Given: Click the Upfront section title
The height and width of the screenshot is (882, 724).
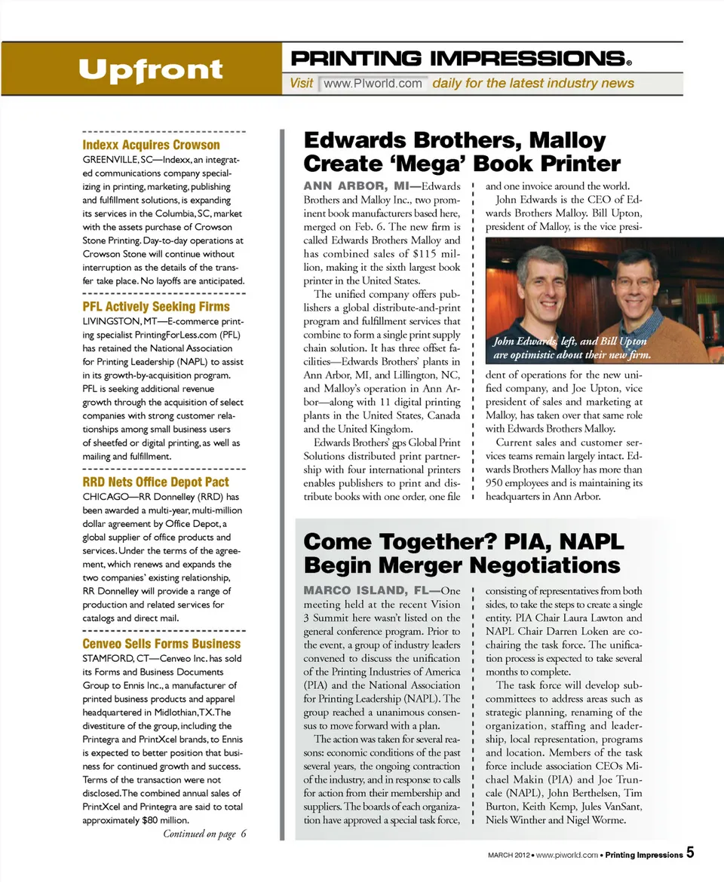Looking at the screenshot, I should (150, 69).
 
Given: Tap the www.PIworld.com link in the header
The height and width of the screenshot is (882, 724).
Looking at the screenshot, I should (373, 83).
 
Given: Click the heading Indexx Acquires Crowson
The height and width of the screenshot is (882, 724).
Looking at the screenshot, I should (151, 145).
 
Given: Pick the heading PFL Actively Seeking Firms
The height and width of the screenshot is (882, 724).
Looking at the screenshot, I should (156, 307).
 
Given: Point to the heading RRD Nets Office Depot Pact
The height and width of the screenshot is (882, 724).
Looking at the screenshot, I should (156, 482).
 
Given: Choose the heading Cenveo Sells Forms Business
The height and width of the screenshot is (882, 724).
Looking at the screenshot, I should (161, 644).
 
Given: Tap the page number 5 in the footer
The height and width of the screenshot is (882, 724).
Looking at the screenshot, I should (690, 853).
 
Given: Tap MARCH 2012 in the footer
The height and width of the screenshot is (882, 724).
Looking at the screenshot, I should (505, 855).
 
